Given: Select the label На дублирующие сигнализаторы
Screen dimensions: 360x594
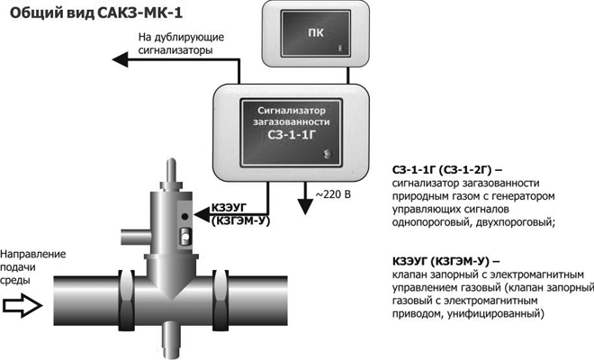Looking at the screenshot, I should (x=175, y=44).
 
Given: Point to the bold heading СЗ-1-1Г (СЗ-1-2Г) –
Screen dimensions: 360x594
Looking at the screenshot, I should (x=447, y=170).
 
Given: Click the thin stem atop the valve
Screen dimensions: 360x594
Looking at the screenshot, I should (x=171, y=172).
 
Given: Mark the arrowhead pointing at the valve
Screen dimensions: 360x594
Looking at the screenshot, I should (x=200, y=212).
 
